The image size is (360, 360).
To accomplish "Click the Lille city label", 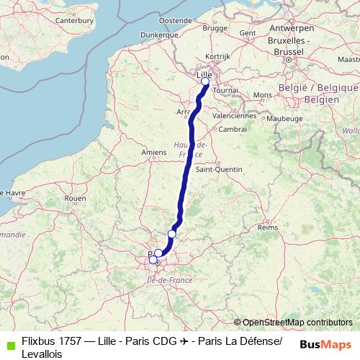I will point(204,73).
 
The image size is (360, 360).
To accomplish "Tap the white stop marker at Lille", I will point(205,81).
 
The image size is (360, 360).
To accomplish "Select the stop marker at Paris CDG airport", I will point(172,233).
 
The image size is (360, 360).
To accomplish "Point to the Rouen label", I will point(75,198).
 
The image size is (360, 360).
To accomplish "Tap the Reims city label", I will point(267,227).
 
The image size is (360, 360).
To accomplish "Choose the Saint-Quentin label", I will point(215,170).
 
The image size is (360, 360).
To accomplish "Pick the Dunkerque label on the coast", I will point(159,34).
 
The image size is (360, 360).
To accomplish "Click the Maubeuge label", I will point(283,117).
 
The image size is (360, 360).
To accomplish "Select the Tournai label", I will point(225,91).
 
